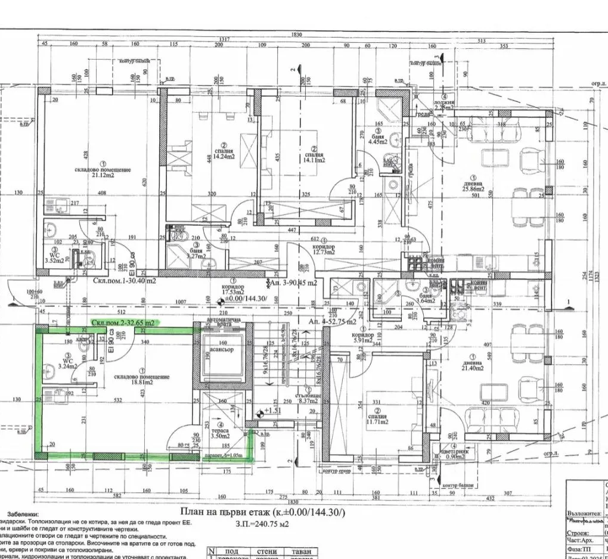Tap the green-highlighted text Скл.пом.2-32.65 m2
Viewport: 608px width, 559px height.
(123, 322)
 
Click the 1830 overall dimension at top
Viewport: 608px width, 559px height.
(297, 35)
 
